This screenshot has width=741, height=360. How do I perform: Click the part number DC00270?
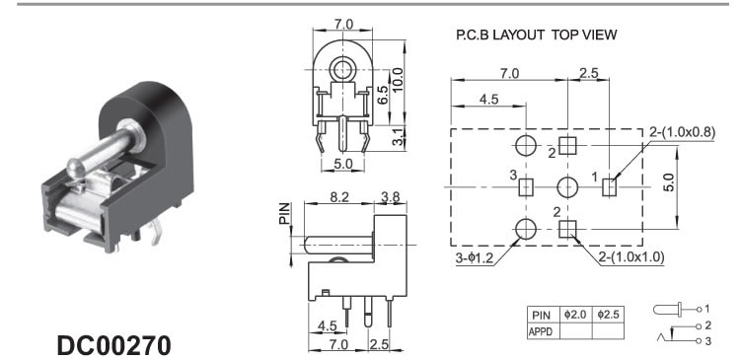click(x=113, y=346)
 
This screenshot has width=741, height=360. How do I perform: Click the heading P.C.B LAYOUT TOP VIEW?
click(x=537, y=35)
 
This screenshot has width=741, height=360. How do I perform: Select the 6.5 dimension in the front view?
click(x=383, y=95)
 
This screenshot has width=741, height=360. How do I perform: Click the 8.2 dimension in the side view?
click(x=339, y=197)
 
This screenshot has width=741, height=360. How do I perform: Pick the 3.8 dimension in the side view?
click(x=391, y=197)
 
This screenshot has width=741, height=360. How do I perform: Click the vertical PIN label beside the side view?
click(x=284, y=214)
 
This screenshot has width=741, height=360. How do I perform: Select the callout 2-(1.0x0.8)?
click(x=682, y=133)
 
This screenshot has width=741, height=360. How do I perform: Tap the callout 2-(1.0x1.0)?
click(x=631, y=257)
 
